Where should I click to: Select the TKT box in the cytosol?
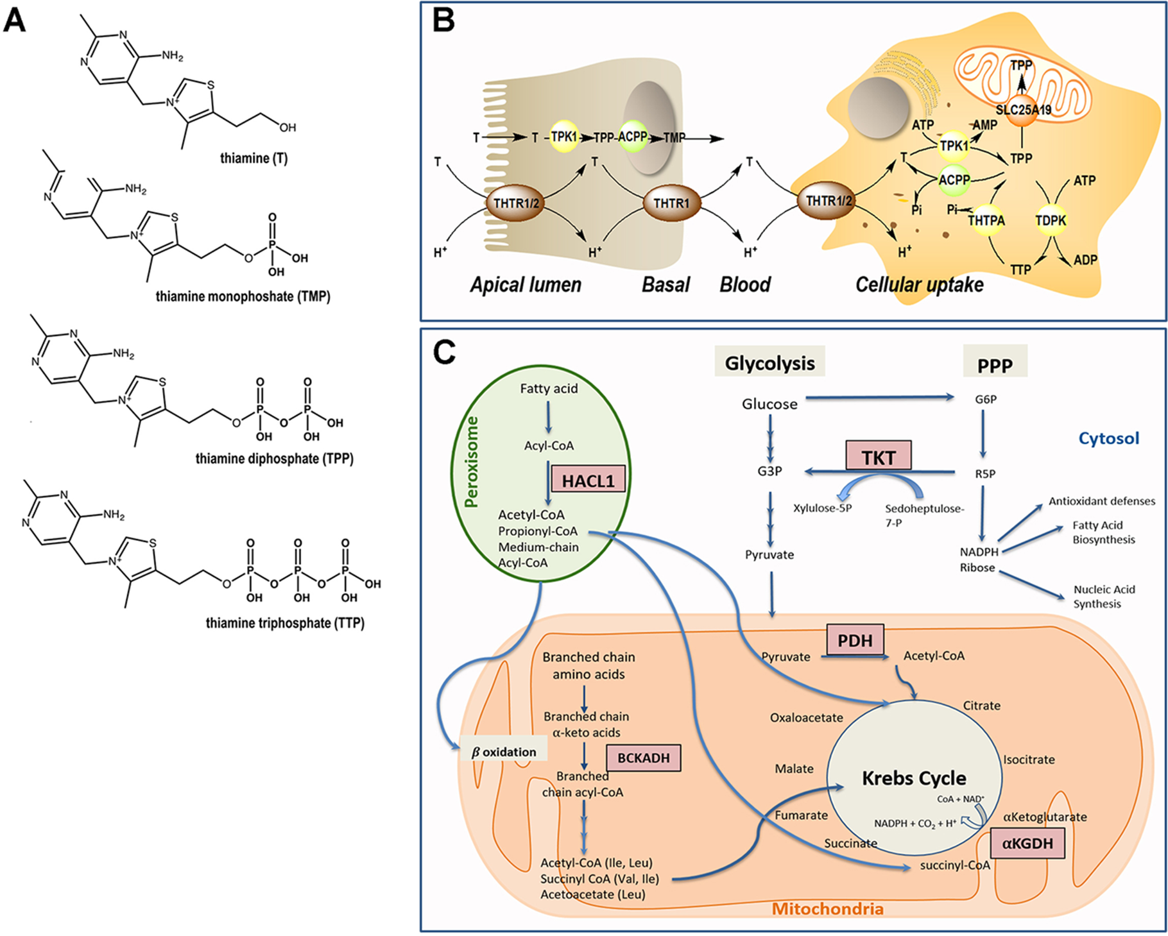879,457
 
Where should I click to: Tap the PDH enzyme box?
855,640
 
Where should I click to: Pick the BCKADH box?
643,758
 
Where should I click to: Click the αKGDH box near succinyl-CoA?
1027,843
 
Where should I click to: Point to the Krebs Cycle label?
914,778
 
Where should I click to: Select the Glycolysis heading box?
769,363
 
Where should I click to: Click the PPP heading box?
995,364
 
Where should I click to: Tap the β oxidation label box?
504,751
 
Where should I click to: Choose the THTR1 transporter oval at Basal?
671,203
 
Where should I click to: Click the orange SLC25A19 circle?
1023,110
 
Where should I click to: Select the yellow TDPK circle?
1051,220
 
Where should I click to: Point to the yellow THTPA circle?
986,220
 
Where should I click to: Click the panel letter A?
15,21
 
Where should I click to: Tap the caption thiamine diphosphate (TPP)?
274,459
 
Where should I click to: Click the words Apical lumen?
526,284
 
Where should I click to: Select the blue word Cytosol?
1108,438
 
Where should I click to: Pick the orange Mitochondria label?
827,908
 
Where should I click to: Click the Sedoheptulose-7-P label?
924,515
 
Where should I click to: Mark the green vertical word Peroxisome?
472,462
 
